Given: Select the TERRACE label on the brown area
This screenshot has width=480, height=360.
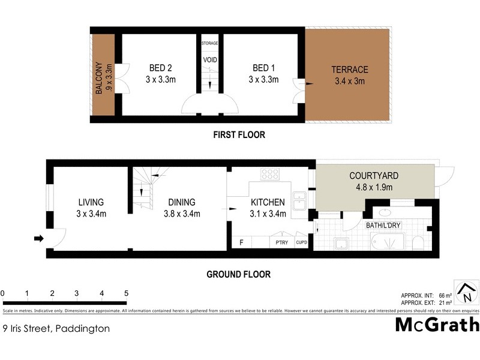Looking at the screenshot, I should click(x=350, y=70).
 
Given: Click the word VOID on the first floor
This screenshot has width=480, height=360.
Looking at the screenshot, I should click(x=210, y=60).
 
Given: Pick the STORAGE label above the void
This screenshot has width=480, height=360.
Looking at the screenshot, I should click(x=209, y=43).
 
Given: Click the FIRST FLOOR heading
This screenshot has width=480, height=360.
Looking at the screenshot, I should click(x=239, y=135).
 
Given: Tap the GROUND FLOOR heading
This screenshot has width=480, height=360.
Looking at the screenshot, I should click(x=238, y=275).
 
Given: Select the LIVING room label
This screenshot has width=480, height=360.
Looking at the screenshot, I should click(x=91, y=202).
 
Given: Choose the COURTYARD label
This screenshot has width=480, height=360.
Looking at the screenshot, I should click(x=374, y=176).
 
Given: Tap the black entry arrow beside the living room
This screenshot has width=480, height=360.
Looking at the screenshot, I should click(x=39, y=239).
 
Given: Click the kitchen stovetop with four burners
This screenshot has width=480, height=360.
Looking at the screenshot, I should click(x=269, y=174).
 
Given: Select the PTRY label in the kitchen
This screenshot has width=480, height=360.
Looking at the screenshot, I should click(x=281, y=242).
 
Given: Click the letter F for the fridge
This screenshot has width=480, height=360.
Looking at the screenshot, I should click(x=241, y=242).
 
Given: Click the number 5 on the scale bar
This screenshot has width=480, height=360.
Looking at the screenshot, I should click(x=126, y=293).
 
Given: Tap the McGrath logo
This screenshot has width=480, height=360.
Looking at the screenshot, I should click(x=437, y=325).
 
